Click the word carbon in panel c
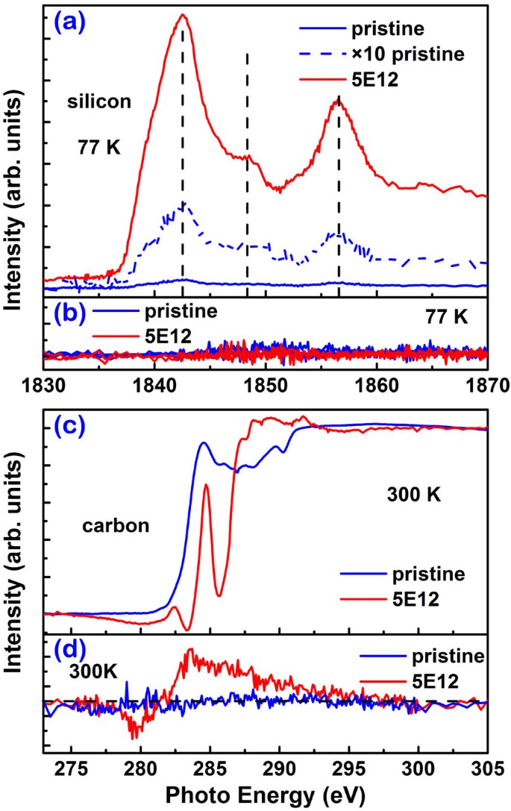point(116,525)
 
